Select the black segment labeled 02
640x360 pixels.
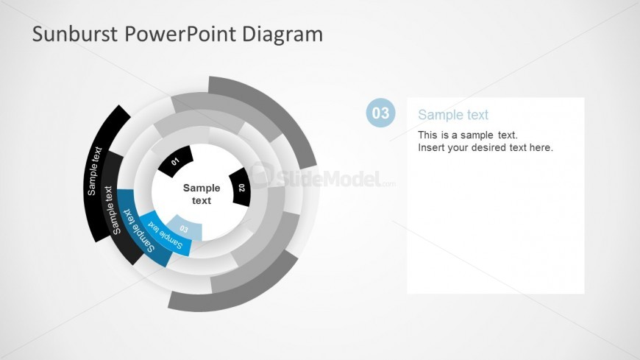tap(241, 188)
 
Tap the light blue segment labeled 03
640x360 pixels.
tap(184, 228)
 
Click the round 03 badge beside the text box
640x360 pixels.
tap(380, 113)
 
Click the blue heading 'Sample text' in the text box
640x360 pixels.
tap(453, 115)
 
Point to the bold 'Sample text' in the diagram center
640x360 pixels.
tap(202, 194)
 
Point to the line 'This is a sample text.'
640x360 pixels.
tap(468, 135)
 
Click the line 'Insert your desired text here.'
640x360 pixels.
tap(486, 147)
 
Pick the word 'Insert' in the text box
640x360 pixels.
tap(430, 147)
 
